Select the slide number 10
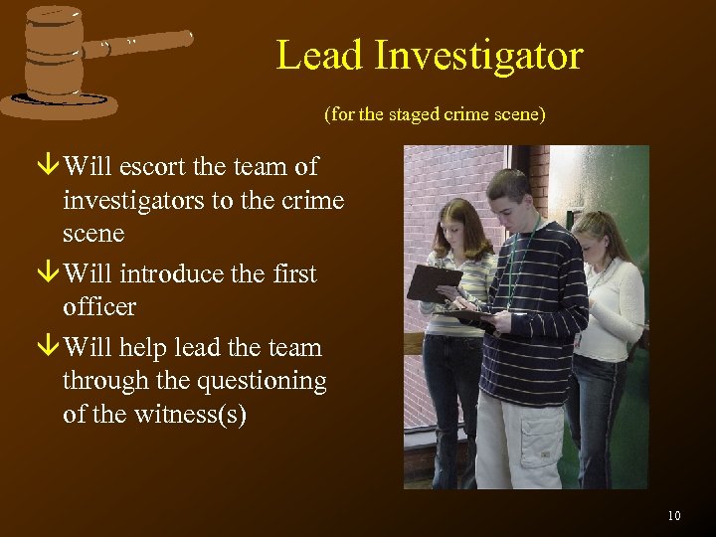[674, 515]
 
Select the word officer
[98, 306]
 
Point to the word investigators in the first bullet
[132, 200]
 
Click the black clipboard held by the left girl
[432, 281]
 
